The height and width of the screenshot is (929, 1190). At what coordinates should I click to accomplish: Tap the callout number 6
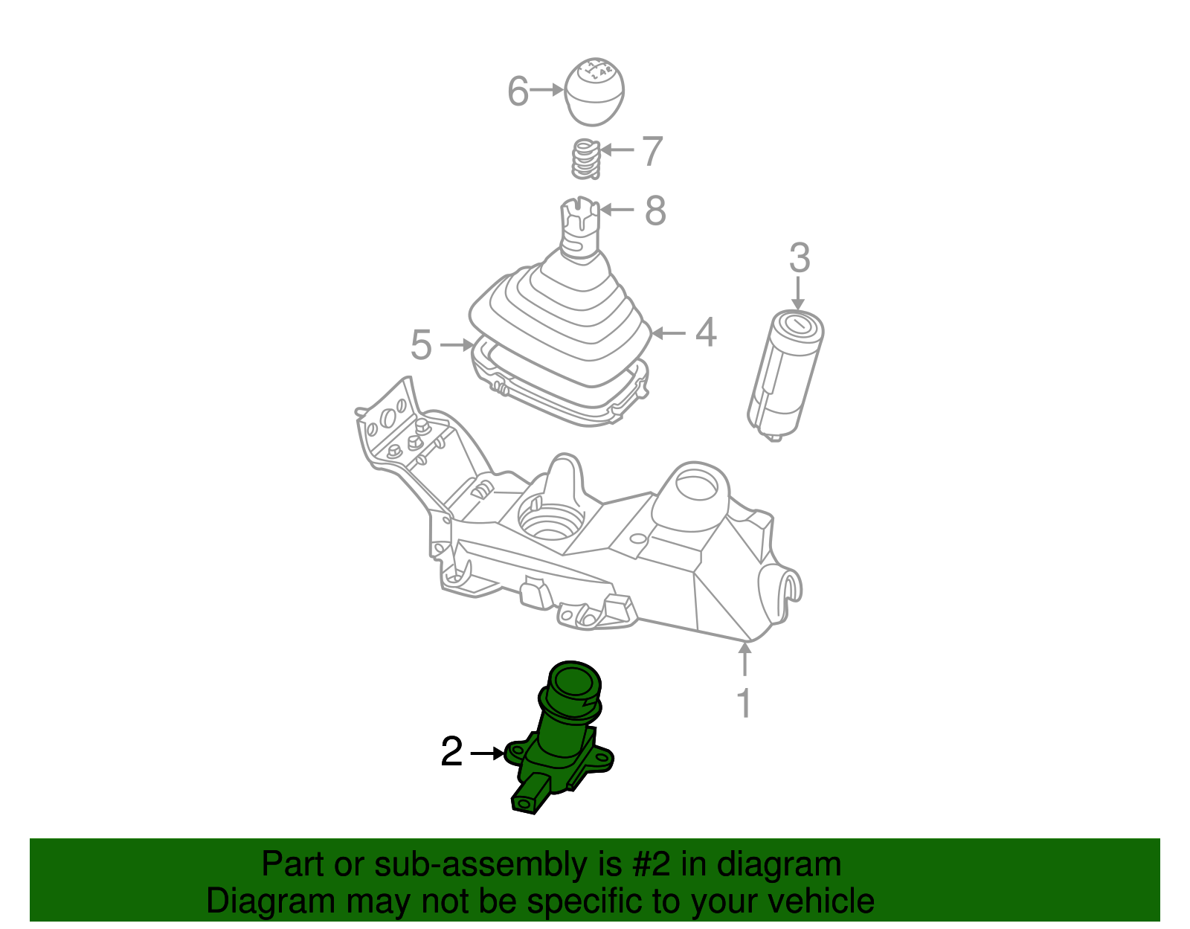coord(518,91)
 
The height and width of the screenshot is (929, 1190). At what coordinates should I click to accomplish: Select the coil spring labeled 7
coord(586,158)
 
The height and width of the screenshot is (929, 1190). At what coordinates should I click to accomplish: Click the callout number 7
coord(652,151)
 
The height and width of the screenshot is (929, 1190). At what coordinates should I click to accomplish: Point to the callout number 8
coord(655,210)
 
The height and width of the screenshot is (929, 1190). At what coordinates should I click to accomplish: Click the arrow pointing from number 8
coord(617,210)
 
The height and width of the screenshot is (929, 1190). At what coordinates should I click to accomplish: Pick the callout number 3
coord(799,258)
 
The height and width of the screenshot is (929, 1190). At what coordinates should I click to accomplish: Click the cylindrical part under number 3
coord(785,376)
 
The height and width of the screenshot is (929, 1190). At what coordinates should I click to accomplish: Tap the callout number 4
coord(706,332)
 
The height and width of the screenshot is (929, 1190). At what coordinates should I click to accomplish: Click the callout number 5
coord(420,345)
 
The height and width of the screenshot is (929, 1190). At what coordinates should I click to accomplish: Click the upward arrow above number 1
coord(744,659)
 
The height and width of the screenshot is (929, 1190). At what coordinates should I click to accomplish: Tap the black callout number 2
coord(451,752)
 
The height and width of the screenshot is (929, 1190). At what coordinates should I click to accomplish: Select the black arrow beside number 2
coord(487,753)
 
